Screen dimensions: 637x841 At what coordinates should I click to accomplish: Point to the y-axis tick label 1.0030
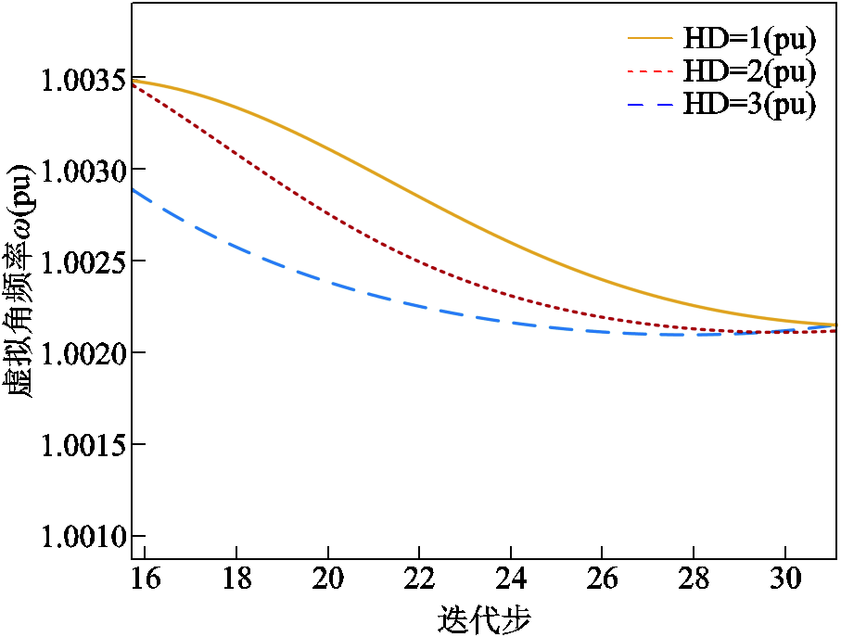click(82, 171)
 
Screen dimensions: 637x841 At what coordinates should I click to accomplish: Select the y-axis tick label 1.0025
click(82, 261)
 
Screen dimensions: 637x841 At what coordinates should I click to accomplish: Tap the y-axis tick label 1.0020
click(82, 353)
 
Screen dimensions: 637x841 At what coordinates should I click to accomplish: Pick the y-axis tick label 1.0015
click(82, 445)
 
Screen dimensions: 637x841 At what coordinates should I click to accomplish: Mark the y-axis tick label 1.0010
click(82, 537)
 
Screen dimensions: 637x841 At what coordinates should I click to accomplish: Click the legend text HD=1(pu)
click(749, 39)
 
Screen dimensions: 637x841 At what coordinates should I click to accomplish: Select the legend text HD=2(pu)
click(749, 71)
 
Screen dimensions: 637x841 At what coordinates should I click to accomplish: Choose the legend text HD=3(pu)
click(749, 104)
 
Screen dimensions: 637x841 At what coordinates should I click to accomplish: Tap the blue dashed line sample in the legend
click(649, 105)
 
